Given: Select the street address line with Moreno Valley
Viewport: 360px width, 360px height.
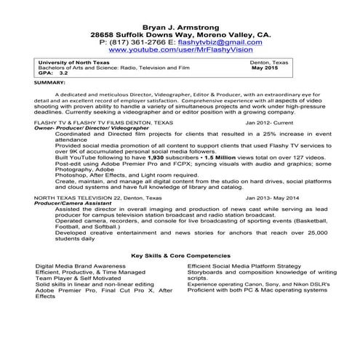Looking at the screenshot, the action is [180, 34].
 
